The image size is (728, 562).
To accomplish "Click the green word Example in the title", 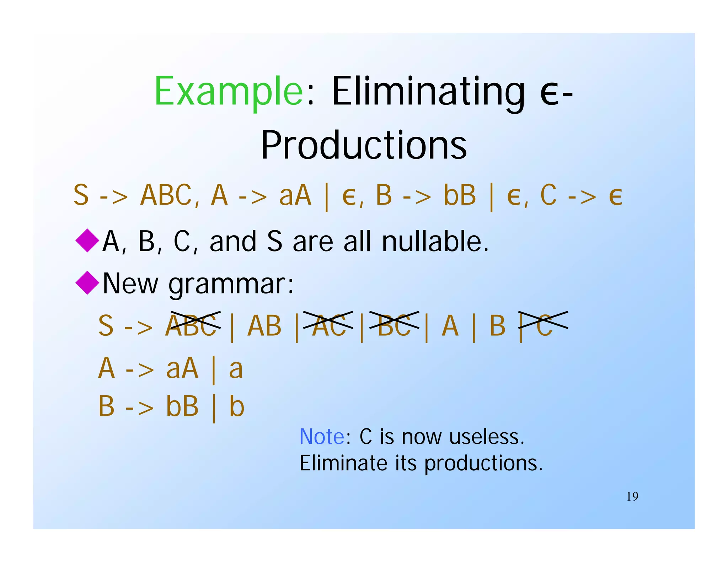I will (x=229, y=91).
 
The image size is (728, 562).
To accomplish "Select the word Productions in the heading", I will (x=364, y=145).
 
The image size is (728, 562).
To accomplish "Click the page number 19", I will (x=632, y=497).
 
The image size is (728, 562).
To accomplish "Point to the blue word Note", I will (x=322, y=437).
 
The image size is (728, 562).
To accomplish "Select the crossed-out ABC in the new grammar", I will (x=192, y=325).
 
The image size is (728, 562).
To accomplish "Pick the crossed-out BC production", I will (x=394, y=325).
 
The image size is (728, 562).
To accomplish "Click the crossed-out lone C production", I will (x=544, y=325).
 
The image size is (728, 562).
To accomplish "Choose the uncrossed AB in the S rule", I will (x=264, y=325).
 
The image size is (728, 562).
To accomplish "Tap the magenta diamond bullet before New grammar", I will (x=87, y=283).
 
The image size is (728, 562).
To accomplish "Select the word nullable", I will (x=435, y=241).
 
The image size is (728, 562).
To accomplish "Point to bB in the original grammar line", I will (x=459, y=196).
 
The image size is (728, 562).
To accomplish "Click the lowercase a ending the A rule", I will (x=236, y=368).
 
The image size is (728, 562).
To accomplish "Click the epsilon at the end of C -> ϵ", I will (x=615, y=196).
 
